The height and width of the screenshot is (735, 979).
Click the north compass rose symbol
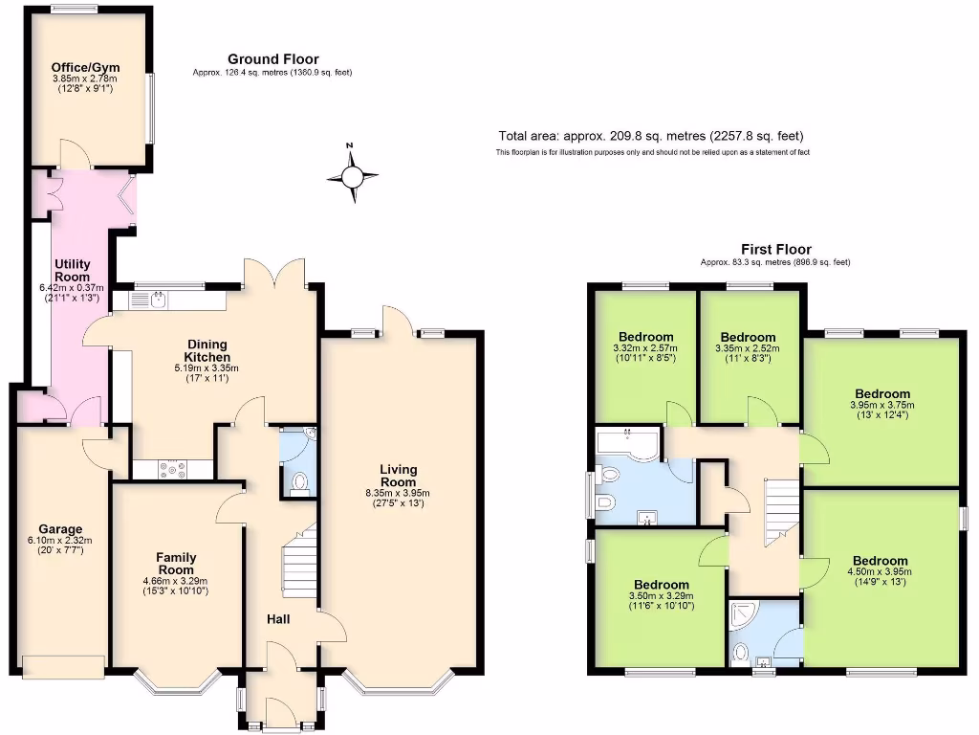coord(352,176)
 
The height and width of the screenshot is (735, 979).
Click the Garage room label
coord(60,528)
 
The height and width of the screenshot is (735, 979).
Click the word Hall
coord(278,620)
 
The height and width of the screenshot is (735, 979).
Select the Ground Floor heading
coord(272,59)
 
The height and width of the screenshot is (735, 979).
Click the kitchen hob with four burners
coord(173,469)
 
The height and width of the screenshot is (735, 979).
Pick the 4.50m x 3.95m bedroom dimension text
coord(880,573)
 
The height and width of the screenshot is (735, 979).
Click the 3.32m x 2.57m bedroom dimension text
coord(645,349)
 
